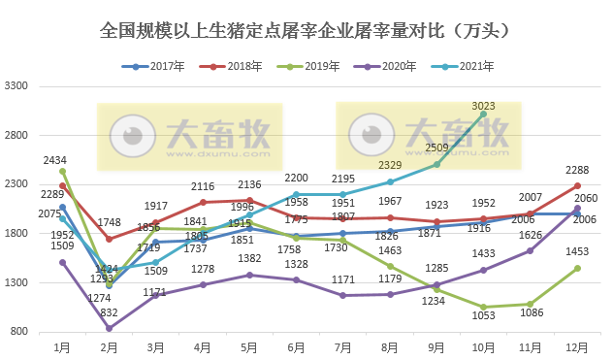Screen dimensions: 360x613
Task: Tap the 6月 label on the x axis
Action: click(297, 345)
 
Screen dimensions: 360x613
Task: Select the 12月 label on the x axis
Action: click(577, 345)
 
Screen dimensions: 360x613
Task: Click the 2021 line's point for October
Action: click(483, 115)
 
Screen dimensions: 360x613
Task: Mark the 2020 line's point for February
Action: click(109, 329)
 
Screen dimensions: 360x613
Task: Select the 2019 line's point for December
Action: click(577, 268)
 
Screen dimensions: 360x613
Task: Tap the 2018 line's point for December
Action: click(577, 185)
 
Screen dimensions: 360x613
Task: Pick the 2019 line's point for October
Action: click(483, 308)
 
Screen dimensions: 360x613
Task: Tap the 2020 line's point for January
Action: click(62, 262)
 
